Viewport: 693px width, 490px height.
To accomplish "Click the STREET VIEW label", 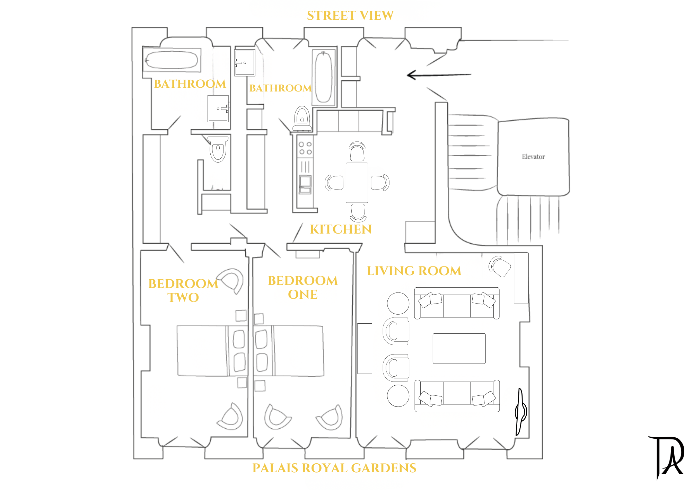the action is tap(350, 16).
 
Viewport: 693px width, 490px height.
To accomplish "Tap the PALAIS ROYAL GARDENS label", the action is tap(334, 468).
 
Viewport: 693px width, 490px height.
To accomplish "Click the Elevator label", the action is tap(533, 157).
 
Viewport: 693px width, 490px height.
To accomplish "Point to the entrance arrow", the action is tap(439, 75).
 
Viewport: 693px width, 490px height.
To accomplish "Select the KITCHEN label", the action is tap(341, 229).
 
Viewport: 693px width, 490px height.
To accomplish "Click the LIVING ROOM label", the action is tap(414, 271).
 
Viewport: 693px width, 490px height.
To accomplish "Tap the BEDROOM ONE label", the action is tap(303, 287).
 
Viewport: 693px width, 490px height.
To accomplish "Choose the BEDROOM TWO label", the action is tap(183, 290).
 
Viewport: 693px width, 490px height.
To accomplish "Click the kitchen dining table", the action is tap(357, 182).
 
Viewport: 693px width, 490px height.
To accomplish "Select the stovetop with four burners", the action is tap(305, 148).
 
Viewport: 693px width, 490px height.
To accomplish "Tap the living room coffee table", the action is tap(459, 348).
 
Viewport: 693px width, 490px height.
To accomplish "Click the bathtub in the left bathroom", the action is tap(172, 60).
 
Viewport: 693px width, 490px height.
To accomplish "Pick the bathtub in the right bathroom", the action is tap(324, 77).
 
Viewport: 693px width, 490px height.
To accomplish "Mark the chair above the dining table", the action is tap(357, 151).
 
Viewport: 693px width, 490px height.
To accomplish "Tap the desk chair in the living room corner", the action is tap(500, 266).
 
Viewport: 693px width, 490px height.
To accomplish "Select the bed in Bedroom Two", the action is tap(212, 350).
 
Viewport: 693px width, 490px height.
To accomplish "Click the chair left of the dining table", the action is tap(334, 183).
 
